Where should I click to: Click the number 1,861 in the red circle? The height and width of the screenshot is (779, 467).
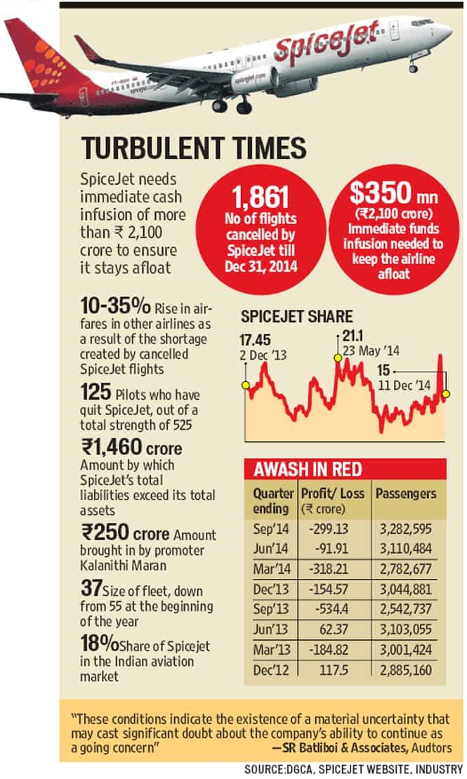pyautogui.click(x=261, y=197)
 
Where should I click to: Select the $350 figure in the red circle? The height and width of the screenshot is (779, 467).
pyautogui.click(x=381, y=192)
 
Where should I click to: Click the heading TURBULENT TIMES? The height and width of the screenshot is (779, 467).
pyautogui.click(x=194, y=148)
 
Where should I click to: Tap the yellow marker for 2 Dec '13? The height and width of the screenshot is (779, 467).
pyautogui.click(x=245, y=385)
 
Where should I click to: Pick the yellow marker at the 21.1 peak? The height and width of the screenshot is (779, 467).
pyautogui.click(x=338, y=358)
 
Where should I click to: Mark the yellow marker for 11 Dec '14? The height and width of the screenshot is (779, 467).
pyautogui.click(x=446, y=394)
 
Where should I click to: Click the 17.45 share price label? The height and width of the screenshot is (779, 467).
pyautogui.click(x=255, y=340)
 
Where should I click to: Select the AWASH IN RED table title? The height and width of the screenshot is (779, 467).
pyautogui.click(x=308, y=469)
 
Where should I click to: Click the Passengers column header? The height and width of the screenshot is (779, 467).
pyautogui.click(x=406, y=493)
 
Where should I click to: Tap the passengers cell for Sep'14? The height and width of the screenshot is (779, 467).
pyautogui.click(x=406, y=529)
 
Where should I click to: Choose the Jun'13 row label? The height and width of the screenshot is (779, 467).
pyautogui.click(x=271, y=629)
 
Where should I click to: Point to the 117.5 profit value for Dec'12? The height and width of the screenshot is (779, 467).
pyautogui.click(x=334, y=670)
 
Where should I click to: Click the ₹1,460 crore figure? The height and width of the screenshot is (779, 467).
pyautogui.click(x=131, y=447)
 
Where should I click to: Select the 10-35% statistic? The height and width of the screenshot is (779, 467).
pyautogui.click(x=115, y=306)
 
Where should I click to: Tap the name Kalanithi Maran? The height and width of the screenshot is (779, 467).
pyautogui.click(x=123, y=565)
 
